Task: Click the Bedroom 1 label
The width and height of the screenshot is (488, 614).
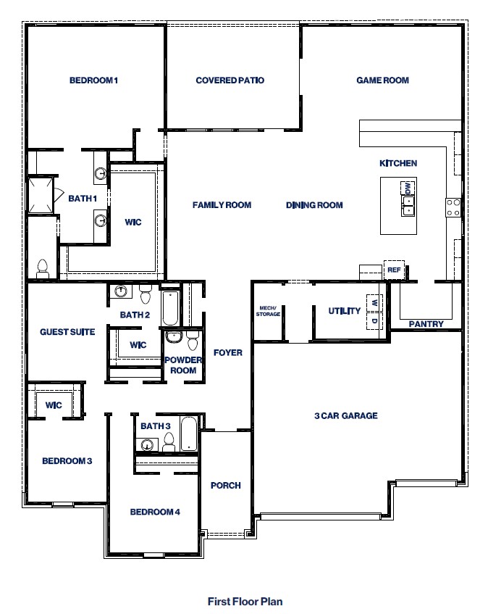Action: click(x=93, y=80)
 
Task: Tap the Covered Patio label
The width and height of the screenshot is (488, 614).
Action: click(x=230, y=80)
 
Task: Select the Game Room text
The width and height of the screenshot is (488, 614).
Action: click(x=382, y=80)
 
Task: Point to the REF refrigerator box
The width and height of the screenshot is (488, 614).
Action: click(x=394, y=270)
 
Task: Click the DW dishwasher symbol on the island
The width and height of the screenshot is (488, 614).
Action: click(x=408, y=188)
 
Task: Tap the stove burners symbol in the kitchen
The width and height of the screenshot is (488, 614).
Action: click(x=453, y=207)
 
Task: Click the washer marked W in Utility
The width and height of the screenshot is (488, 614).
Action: click(x=374, y=302)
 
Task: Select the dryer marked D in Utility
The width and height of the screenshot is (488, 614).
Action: click(x=374, y=320)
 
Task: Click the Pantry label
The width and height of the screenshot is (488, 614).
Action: click(x=426, y=324)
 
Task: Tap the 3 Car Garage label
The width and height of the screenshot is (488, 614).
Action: click(x=345, y=415)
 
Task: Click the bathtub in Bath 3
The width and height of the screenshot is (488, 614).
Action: click(x=188, y=433)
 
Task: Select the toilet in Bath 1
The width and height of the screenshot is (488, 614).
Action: click(x=42, y=268)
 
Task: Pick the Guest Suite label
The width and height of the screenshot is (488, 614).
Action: click(x=67, y=332)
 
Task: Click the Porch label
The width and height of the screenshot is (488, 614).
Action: click(x=225, y=486)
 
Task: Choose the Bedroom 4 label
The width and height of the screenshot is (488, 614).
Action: click(x=155, y=512)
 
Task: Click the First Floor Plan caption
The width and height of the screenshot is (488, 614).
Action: click(x=245, y=601)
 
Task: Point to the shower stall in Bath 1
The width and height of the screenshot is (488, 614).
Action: click(x=41, y=196)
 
